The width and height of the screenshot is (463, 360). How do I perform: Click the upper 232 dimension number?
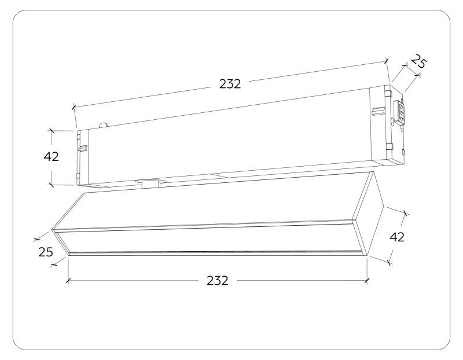tap(230, 83)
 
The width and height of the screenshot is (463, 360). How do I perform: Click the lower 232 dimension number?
tap(218, 281)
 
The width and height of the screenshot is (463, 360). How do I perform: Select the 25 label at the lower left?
tap(46, 252)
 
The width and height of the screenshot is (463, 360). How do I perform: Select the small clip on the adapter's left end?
tap(83, 148)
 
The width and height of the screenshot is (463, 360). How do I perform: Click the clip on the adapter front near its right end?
tap(378, 110)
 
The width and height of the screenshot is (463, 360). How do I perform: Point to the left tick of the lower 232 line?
tap(68, 281)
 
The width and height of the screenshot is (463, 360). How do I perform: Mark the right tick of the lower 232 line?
tap(367, 281)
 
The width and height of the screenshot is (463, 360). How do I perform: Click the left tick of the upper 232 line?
tap(74, 106)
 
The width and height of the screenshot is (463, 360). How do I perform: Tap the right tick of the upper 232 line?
tap(386, 60)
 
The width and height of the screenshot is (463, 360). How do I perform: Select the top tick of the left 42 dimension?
tap(51, 131)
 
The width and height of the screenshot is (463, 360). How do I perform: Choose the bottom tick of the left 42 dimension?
tap(51, 184)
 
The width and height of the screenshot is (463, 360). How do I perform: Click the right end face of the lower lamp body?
tap(373, 214)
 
